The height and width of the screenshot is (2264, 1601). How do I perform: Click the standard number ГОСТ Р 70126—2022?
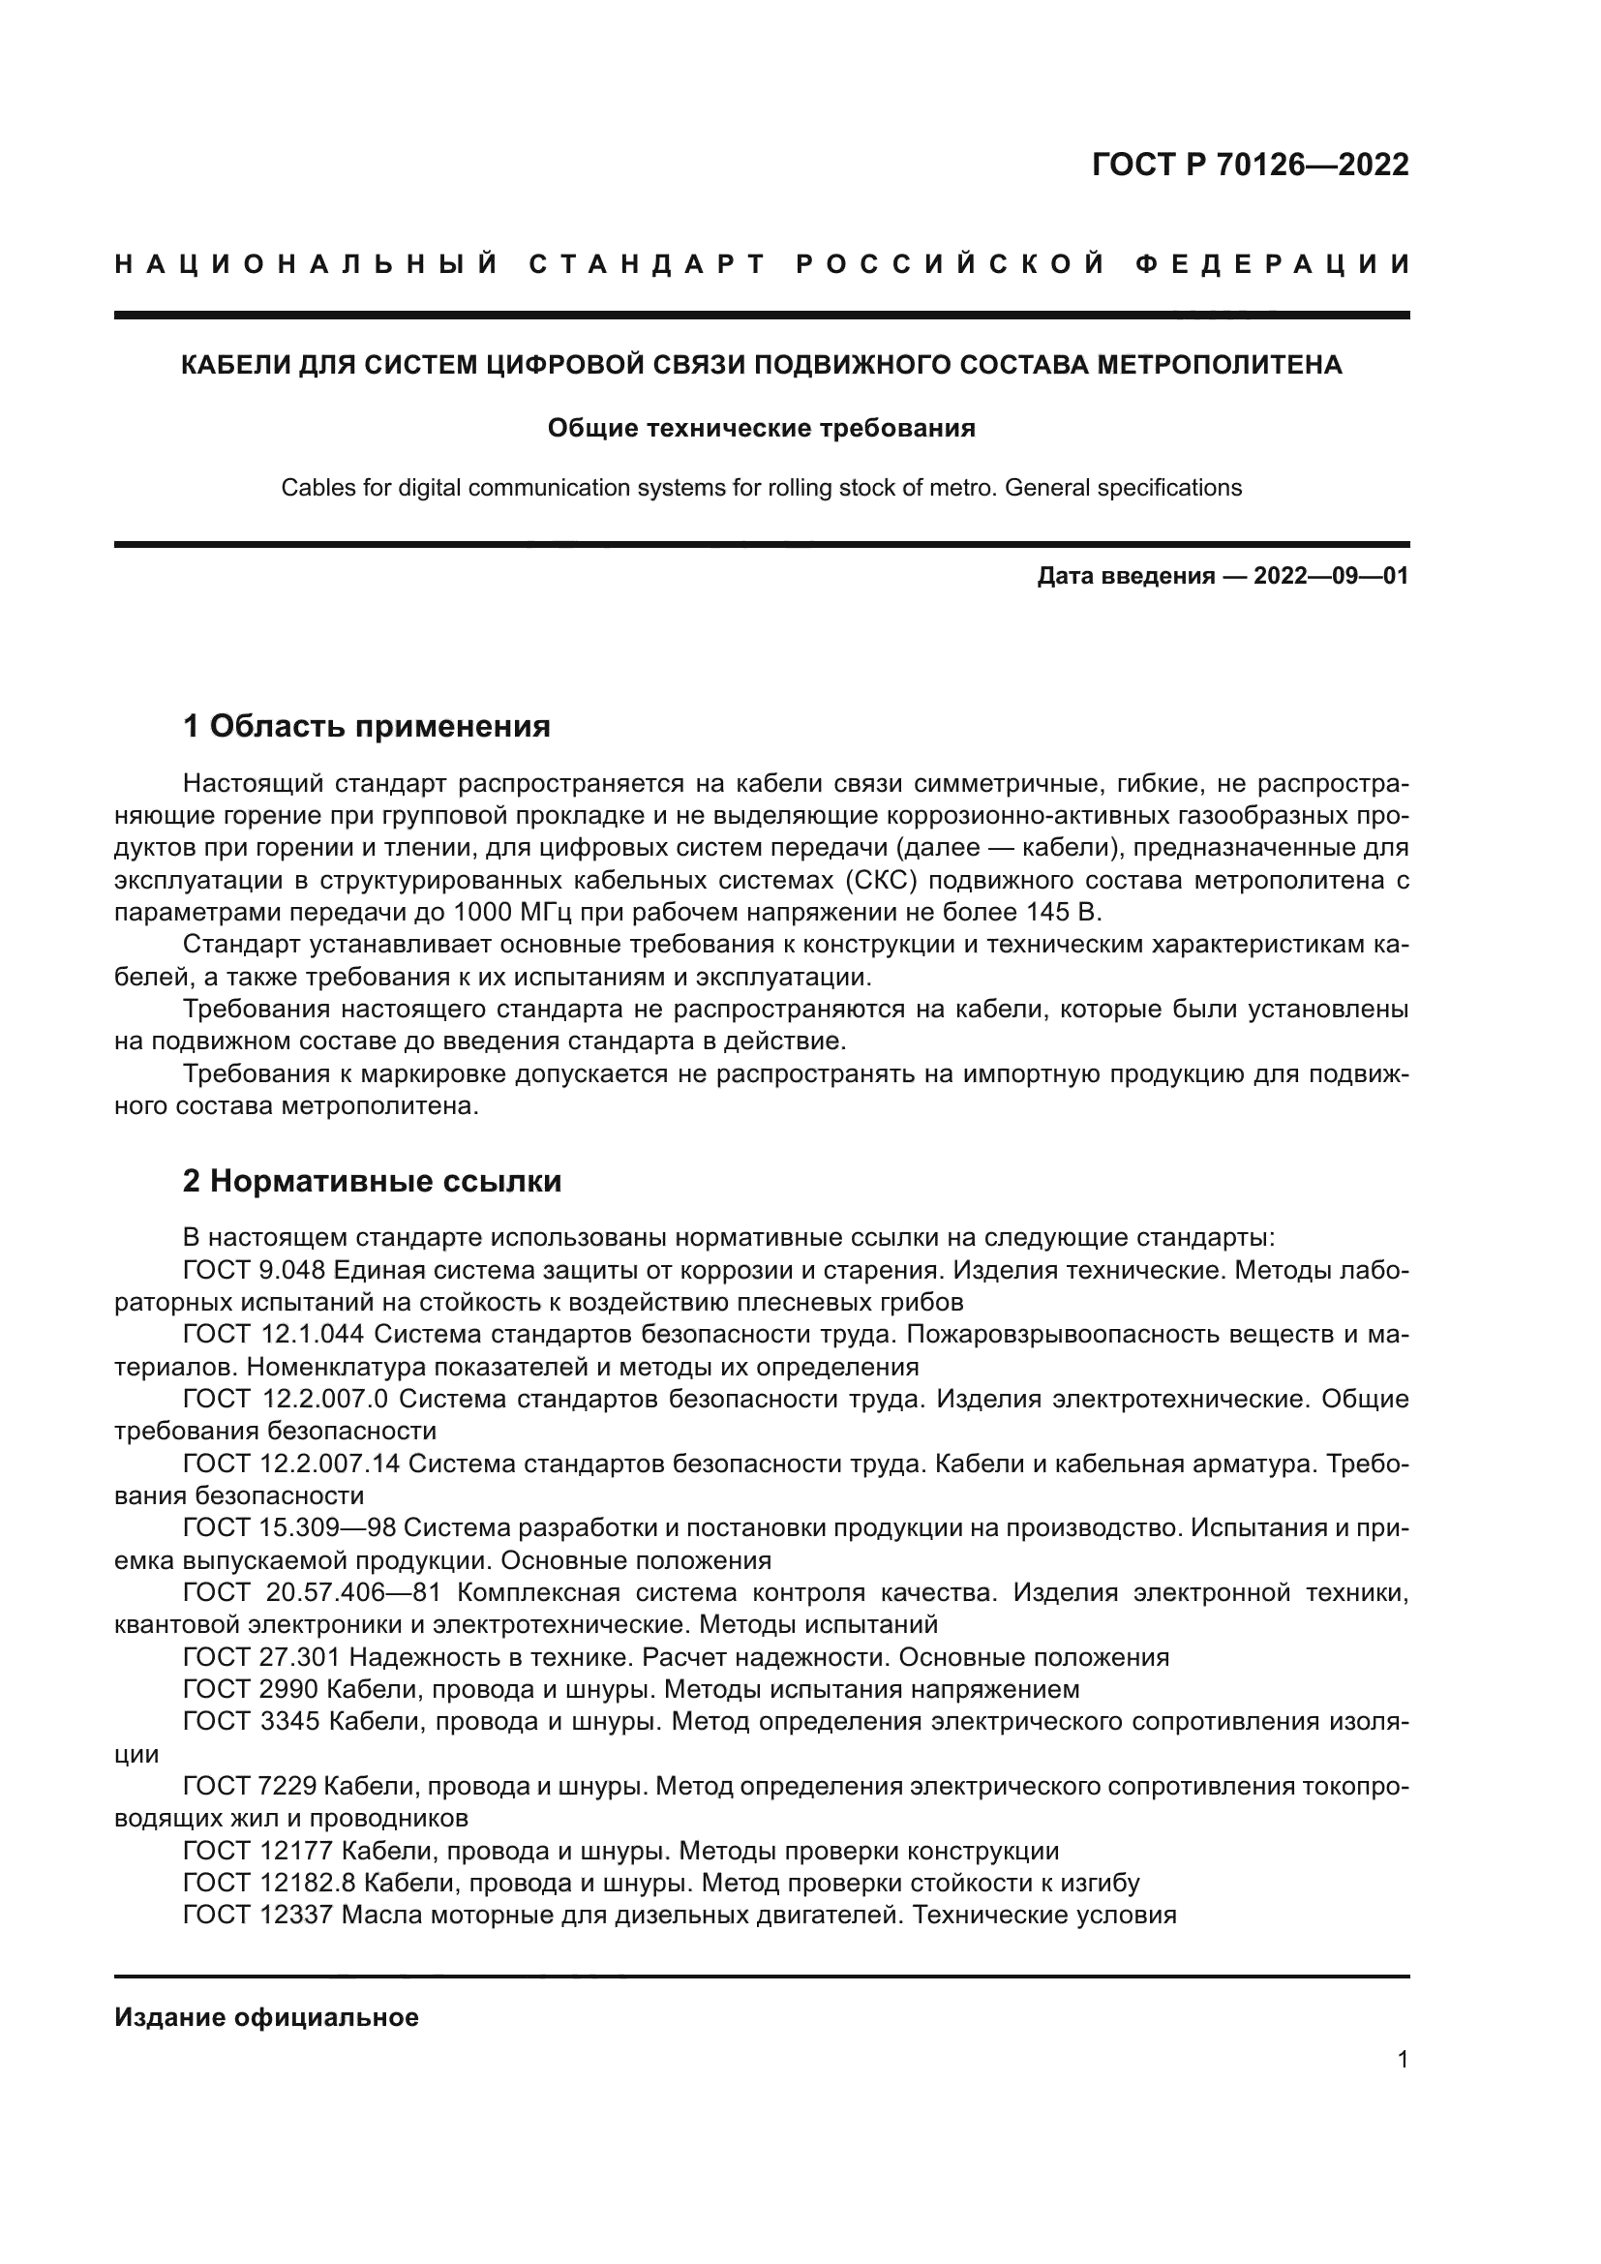1250,165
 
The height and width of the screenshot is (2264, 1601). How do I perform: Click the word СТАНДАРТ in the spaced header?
648,264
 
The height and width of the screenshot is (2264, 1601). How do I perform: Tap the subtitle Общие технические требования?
761,428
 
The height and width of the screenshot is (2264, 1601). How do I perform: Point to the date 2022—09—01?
1331,576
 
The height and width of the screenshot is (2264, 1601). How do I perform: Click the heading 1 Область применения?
366,727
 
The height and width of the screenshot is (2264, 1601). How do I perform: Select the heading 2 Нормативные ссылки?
372,1180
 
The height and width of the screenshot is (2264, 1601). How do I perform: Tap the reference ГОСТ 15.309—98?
288,1527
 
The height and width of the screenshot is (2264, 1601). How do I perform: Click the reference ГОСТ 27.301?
261,1656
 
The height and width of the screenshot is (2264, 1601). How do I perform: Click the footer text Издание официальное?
266,2017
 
